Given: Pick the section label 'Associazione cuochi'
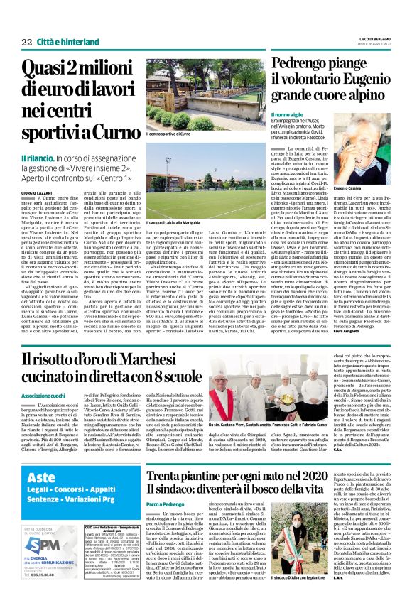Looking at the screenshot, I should tap(45, 413).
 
